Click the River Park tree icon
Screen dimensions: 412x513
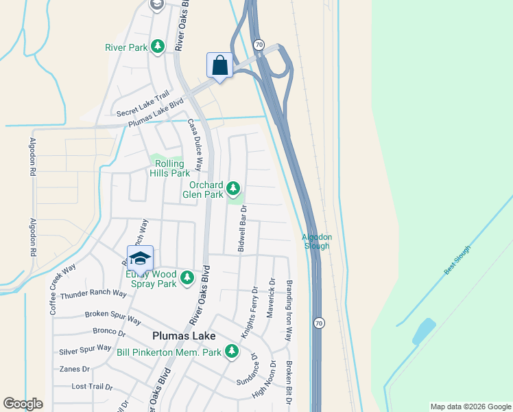coord(158,46)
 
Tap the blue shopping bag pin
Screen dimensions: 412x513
coord(219,66)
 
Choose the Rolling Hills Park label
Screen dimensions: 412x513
coord(169,168)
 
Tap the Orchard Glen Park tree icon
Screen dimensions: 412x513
coord(234,187)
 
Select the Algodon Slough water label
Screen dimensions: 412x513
coord(316,241)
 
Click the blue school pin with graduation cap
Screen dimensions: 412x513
coord(140,258)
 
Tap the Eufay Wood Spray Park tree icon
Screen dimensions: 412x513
coord(187,278)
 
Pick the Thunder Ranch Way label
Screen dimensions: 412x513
coord(93,294)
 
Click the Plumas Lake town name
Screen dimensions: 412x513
coord(183,336)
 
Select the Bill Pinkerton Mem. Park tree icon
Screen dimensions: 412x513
coord(232,352)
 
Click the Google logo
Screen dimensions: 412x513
coord(23,404)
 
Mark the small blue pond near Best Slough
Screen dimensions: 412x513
coord(423,331)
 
